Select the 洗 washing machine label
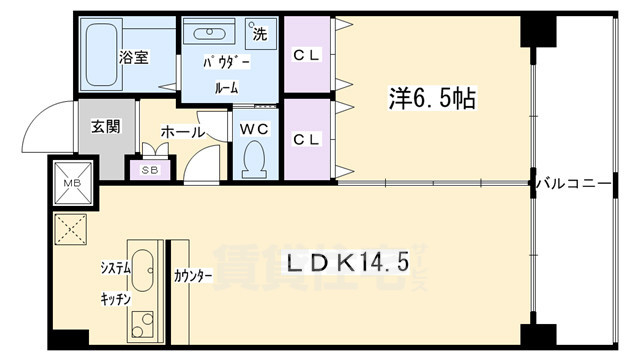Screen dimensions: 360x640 [x=259, y=33]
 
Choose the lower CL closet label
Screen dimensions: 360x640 [x=305, y=138]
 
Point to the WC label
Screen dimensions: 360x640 [x=255, y=128]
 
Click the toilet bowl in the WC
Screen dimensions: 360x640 [x=255, y=159]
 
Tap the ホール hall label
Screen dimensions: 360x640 [x=183, y=131]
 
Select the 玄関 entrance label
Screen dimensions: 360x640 [x=103, y=127]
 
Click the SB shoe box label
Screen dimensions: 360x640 [x=150, y=170]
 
